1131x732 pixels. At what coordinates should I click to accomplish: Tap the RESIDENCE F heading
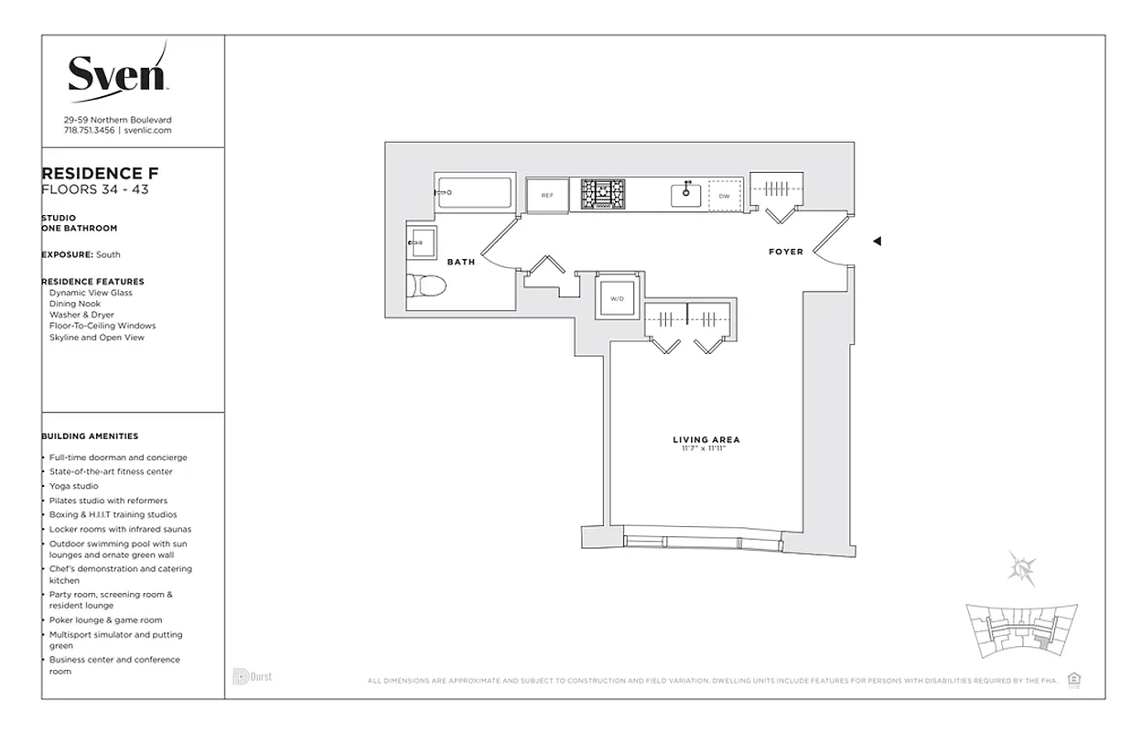[101, 174]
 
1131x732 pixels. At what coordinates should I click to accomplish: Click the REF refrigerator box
[547, 195]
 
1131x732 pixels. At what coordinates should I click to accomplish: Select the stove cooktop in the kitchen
[603, 194]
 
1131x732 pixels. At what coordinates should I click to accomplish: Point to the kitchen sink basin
[686, 194]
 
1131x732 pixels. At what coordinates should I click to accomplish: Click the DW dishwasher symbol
[725, 196]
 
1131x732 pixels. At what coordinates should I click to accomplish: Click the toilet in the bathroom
[425, 286]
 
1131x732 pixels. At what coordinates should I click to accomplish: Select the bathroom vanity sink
[422, 243]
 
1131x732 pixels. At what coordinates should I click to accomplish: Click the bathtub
[473, 193]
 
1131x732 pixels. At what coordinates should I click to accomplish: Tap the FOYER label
[785, 252]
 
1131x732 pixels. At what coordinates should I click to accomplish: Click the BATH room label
[461, 262]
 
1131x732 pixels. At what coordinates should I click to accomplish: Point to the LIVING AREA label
[706, 440]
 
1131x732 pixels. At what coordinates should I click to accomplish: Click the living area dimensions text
[706, 449]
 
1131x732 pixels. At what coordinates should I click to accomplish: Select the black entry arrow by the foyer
[877, 242]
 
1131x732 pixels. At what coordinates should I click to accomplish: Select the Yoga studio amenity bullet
[73, 486]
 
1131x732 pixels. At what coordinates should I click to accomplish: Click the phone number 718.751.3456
[89, 130]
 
